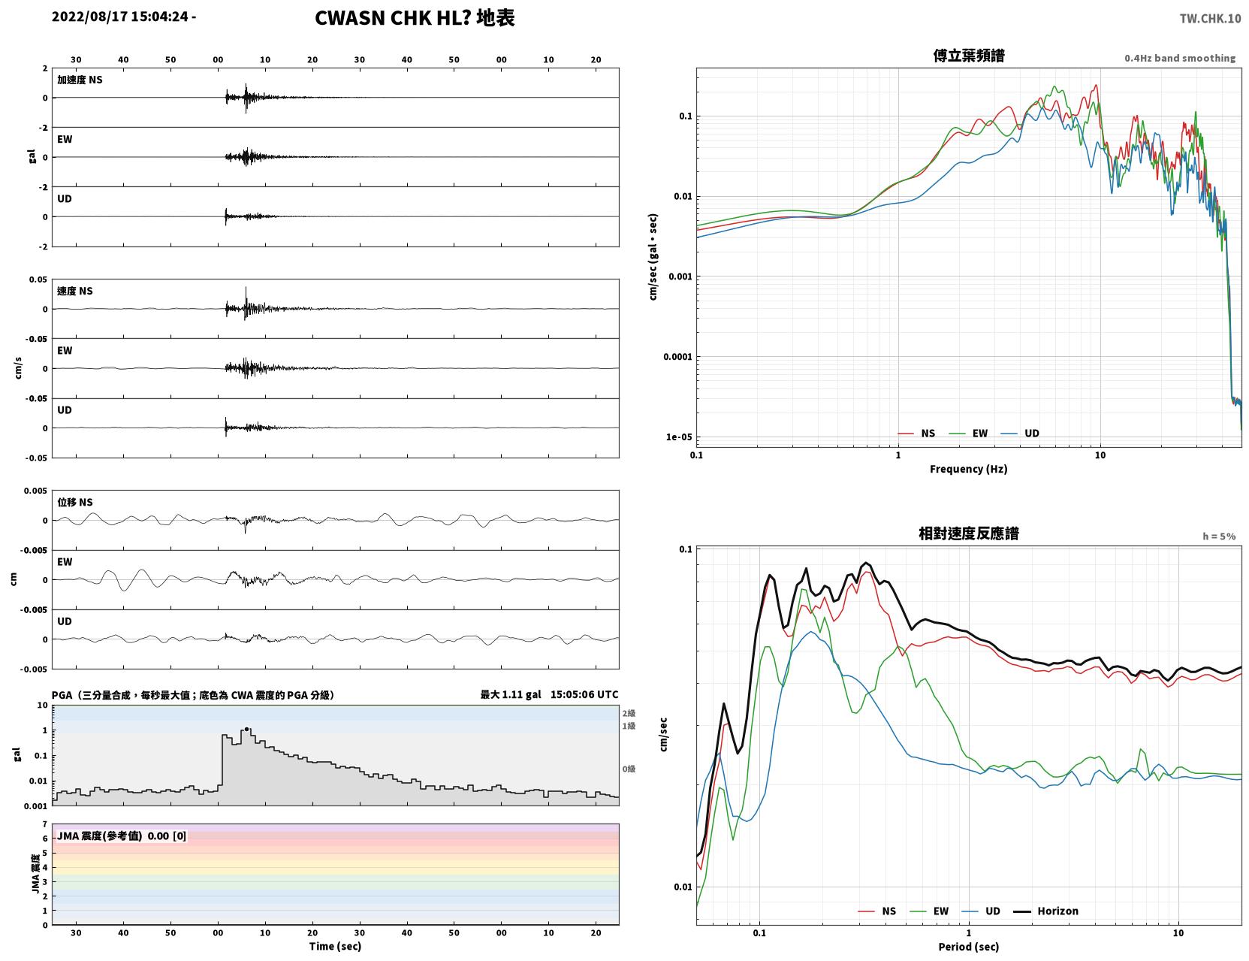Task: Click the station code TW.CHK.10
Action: point(1210,18)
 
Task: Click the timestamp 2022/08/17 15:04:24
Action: point(120,17)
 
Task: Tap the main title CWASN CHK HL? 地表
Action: point(415,18)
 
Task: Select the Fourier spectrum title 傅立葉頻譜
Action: point(969,56)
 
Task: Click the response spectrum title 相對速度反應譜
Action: point(969,533)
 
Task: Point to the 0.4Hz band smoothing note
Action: point(1179,58)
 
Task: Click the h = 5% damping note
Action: point(1218,536)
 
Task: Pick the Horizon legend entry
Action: point(1057,911)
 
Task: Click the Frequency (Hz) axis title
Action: point(969,469)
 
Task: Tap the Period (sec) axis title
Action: point(969,947)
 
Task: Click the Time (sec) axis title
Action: point(335,946)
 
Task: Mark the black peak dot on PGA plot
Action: point(246,730)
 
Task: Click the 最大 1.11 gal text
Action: point(511,694)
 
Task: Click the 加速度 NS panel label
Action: point(80,80)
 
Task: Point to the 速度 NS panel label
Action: point(74,291)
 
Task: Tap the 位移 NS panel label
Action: point(74,502)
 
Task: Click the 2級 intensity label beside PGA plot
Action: point(629,713)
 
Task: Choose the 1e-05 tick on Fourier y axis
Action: point(679,437)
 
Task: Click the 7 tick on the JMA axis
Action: point(45,824)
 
